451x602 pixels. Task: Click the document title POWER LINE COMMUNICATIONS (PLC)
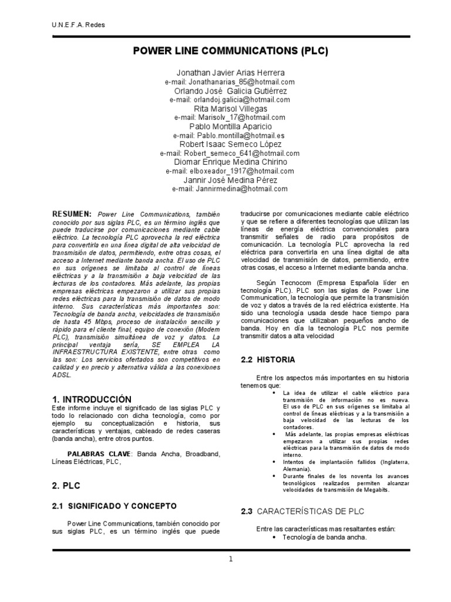pos(230,51)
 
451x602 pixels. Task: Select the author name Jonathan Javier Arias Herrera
pos(230,72)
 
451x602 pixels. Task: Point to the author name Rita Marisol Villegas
pos(230,109)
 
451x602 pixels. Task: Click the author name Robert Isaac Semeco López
pos(230,145)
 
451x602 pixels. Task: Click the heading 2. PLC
pos(66,487)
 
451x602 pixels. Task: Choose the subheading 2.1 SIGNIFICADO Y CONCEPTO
pos(114,506)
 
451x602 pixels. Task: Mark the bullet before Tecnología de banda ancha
pos(275,537)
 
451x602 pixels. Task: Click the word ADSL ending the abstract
pos(62,374)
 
